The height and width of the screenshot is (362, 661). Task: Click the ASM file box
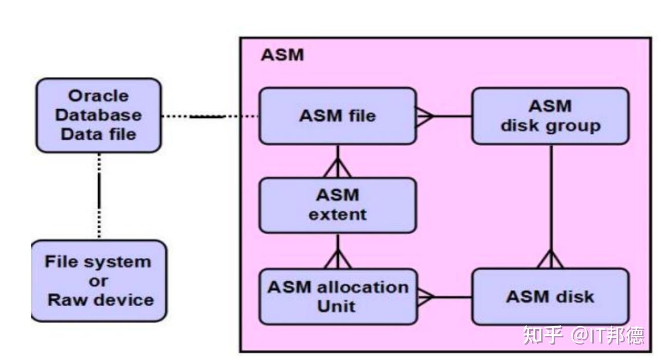[x=337, y=116]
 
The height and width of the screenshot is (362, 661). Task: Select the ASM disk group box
[x=550, y=116]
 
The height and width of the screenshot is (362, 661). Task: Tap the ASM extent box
[x=337, y=205]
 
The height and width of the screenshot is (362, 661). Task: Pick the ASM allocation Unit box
[x=337, y=297]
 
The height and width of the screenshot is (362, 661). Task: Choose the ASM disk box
[x=550, y=297]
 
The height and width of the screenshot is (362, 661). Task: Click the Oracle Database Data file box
[x=98, y=115]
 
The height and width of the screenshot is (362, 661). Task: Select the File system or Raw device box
[x=99, y=281]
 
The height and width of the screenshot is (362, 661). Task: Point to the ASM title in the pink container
[x=282, y=55]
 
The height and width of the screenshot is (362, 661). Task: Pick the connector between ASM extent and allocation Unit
[x=338, y=251]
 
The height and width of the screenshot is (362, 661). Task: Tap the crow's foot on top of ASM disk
[x=550, y=259]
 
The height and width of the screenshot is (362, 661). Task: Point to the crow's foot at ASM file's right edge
[x=425, y=116]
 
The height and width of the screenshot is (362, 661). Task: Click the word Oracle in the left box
[x=99, y=96]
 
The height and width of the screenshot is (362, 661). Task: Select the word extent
[x=337, y=214]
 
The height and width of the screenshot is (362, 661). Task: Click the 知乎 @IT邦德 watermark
[x=583, y=336]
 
